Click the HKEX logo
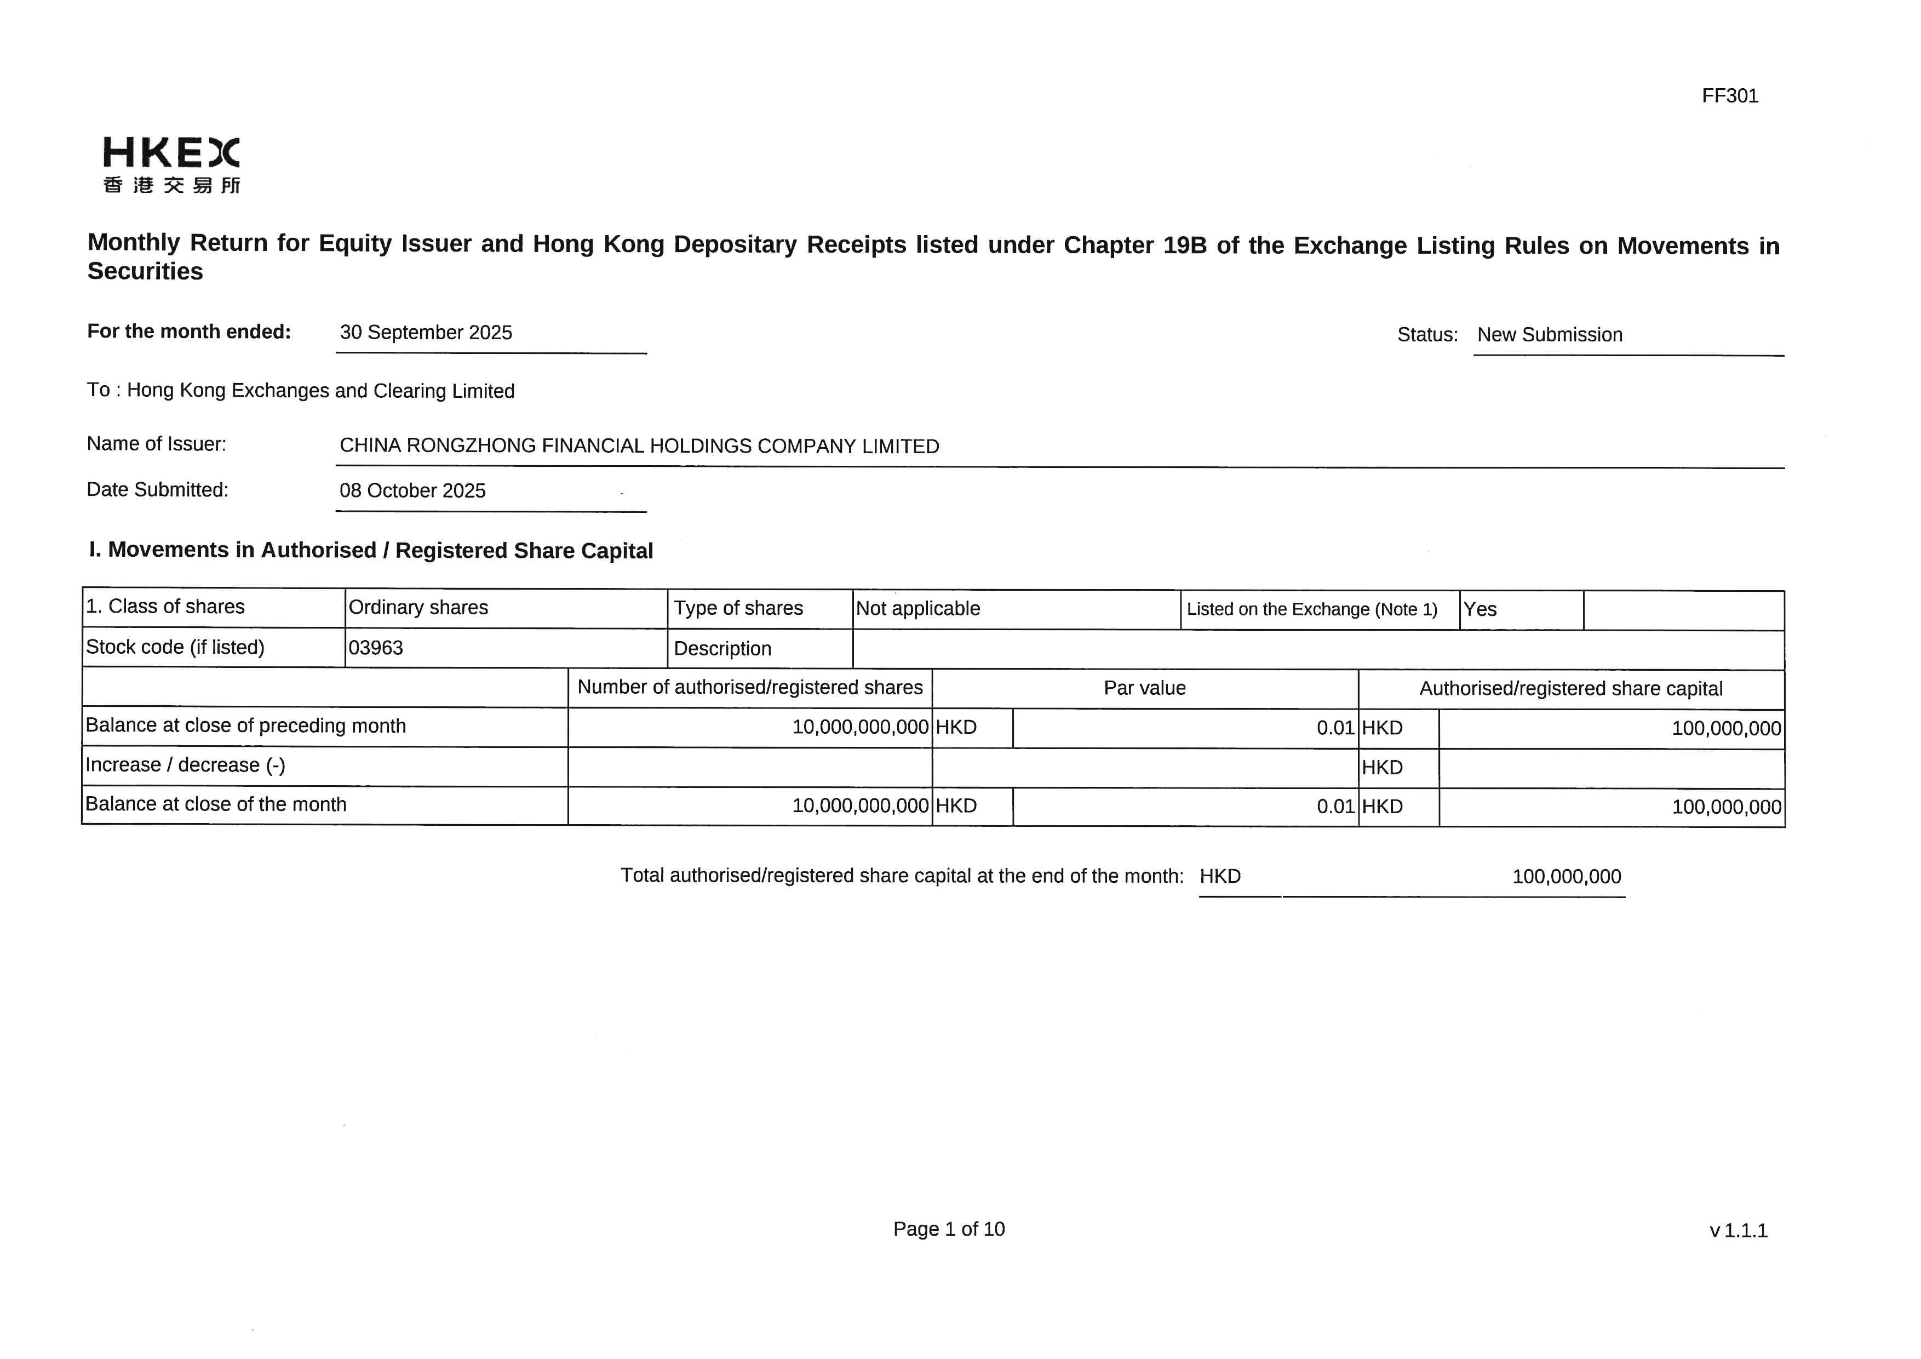tap(171, 165)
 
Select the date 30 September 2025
tap(426, 333)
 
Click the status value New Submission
tap(1550, 335)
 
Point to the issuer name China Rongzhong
tap(639, 446)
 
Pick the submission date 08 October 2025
tap(412, 491)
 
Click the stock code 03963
tap(376, 648)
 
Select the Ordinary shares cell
tap(418, 608)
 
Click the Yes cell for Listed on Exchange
tap(1480, 610)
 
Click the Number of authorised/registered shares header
tap(750, 688)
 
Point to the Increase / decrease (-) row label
tap(186, 766)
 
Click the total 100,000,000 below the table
tap(1566, 877)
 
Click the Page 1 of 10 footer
tap(949, 1229)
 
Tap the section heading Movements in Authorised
tap(371, 551)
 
